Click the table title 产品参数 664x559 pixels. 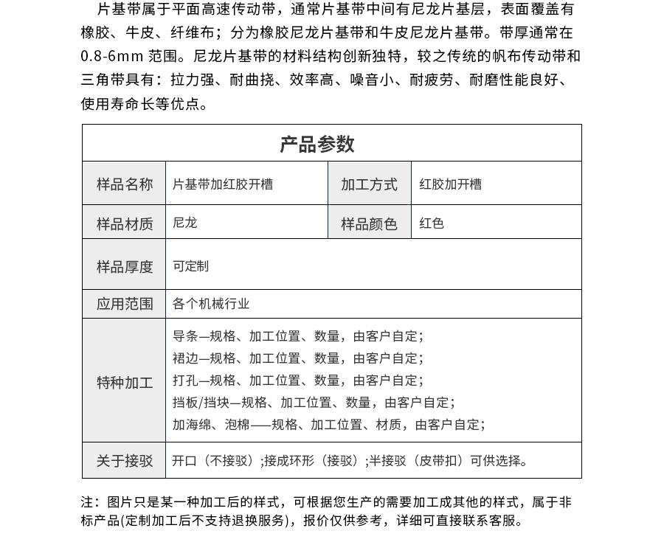coord(317,144)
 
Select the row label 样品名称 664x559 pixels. coord(124,184)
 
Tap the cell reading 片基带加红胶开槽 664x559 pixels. coord(223,184)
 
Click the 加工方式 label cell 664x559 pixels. coord(369,184)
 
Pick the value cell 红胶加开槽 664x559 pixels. coord(450,184)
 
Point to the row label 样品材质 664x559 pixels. coord(124,223)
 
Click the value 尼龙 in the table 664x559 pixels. coord(184,223)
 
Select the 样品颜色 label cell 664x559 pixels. coord(369,223)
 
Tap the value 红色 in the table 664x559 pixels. coord(432,223)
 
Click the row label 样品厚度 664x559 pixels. coord(124,266)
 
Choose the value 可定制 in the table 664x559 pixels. coord(190,266)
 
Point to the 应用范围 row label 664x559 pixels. coord(124,304)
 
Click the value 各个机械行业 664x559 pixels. coord(211,304)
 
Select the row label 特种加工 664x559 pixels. coord(124,383)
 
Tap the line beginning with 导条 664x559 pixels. coord(297,336)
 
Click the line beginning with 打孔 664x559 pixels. coord(297,381)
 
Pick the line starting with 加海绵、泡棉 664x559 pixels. coord(328,425)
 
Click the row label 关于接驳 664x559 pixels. coord(124,461)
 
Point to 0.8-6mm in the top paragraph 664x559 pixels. coord(112,56)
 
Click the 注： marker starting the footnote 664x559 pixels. coord(91,502)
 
